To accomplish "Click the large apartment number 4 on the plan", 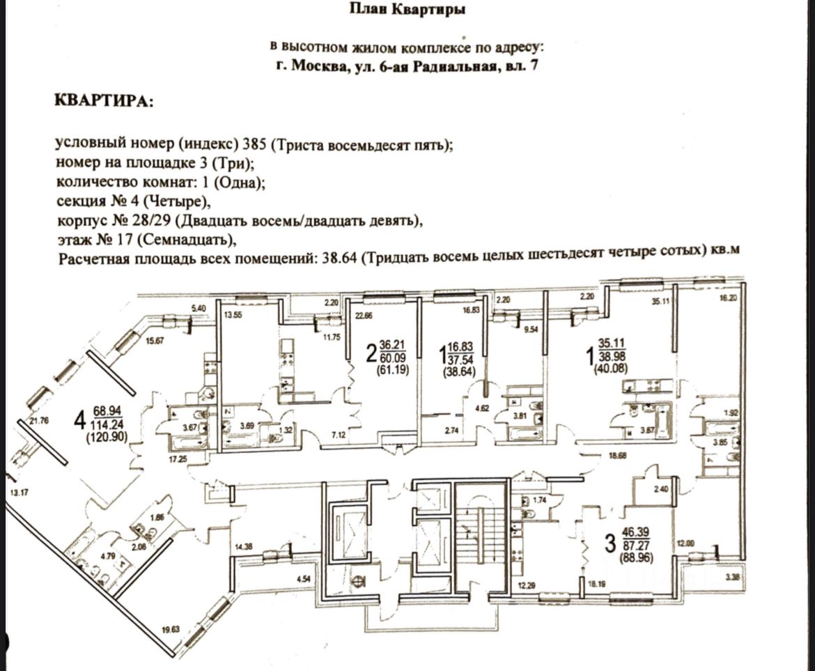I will pyautogui.click(x=81, y=420).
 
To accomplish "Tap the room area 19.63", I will pyautogui.click(x=171, y=630).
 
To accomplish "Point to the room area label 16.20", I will pyautogui.click(x=727, y=296).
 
